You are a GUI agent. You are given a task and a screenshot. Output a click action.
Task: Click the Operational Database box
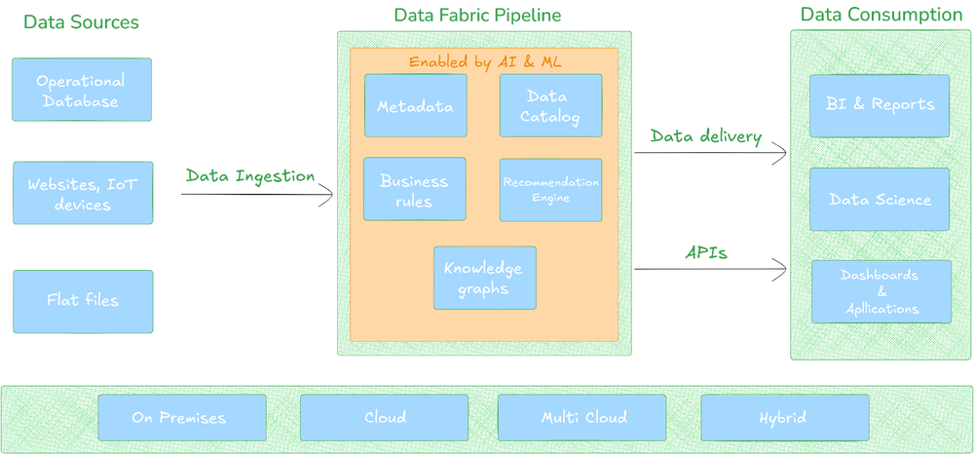(82, 90)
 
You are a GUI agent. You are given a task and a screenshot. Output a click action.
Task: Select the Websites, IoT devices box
(82, 193)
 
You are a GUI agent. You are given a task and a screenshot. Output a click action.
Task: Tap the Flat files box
(82, 300)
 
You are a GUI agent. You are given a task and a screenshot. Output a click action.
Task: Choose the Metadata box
(415, 105)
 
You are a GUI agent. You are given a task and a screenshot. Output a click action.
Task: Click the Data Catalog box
(550, 105)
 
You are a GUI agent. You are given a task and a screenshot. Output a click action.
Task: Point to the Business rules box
(415, 189)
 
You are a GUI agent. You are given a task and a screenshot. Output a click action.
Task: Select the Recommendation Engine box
(550, 190)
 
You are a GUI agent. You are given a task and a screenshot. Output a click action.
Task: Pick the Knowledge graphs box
(484, 278)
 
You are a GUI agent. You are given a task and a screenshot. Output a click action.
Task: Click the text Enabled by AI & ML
(484, 61)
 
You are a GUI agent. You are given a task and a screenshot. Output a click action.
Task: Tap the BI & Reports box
(879, 105)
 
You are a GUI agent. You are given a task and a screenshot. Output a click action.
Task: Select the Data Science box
(879, 199)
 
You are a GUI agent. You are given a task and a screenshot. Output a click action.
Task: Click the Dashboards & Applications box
(879, 291)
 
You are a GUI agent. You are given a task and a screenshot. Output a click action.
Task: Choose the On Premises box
(181, 417)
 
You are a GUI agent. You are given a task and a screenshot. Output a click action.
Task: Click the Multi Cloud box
(581, 417)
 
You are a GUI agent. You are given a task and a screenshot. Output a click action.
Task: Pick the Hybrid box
(784, 417)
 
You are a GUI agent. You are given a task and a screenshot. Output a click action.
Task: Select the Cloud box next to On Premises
(384, 417)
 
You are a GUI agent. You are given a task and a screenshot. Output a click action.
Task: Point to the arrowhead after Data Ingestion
(325, 195)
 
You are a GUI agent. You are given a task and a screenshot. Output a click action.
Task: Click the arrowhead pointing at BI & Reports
(780, 152)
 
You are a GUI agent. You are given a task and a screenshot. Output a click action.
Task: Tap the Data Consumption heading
(880, 15)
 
